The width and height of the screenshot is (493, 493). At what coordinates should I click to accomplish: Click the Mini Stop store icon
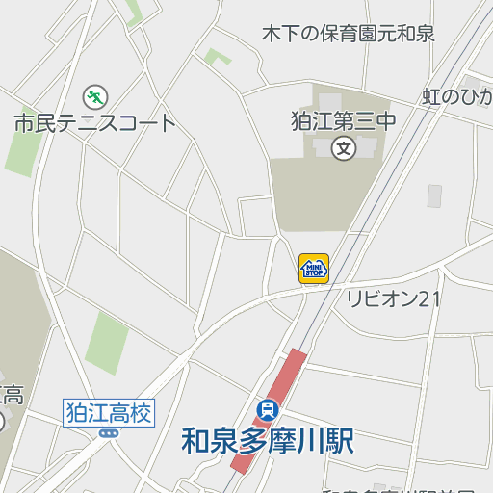pyautogui.click(x=314, y=268)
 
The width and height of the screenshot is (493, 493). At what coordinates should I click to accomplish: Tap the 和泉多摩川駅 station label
pyautogui.click(x=268, y=440)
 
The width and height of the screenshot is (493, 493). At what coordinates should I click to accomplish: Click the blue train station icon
pyautogui.click(x=268, y=408)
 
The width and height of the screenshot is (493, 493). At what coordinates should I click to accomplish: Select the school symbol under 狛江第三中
pyautogui.click(x=344, y=148)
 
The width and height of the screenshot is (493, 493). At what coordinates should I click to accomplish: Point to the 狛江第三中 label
pyautogui.click(x=344, y=122)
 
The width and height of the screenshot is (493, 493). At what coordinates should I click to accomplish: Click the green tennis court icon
pyautogui.click(x=94, y=96)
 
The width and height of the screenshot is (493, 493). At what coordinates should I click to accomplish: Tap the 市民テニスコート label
pyautogui.click(x=95, y=123)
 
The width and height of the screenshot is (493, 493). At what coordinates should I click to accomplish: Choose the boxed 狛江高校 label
pyautogui.click(x=109, y=413)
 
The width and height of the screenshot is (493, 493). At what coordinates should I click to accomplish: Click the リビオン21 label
pyautogui.click(x=393, y=298)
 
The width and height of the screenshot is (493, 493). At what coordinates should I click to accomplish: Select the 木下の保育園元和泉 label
pyautogui.click(x=349, y=34)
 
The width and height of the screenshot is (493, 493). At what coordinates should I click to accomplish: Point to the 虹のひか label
pyautogui.click(x=458, y=97)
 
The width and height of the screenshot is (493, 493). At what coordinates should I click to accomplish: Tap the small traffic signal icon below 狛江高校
pyautogui.click(x=109, y=433)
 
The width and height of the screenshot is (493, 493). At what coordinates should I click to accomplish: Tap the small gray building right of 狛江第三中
pyautogui.click(x=434, y=195)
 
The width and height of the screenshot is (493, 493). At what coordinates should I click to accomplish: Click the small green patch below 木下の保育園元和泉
pyautogui.click(x=217, y=57)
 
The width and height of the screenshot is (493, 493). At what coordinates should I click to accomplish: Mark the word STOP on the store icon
pyautogui.click(x=314, y=272)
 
